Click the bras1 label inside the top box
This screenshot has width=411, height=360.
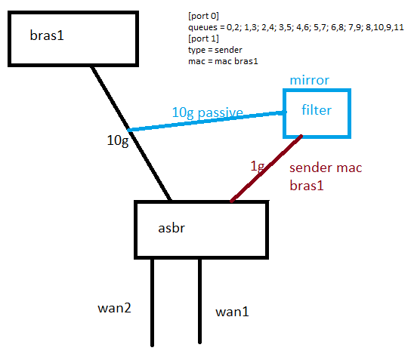click(47, 35)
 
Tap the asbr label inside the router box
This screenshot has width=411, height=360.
click(172, 228)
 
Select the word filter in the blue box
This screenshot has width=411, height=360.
click(317, 109)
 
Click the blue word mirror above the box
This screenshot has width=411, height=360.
click(309, 80)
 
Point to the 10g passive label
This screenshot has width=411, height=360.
click(207, 113)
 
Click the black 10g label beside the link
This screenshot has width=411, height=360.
click(118, 141)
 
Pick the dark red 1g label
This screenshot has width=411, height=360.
click(258, 167)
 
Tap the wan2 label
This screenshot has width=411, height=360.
click(114, 308)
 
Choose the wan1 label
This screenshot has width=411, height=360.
click(232, 312)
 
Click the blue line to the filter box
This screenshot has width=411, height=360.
click(207, 121)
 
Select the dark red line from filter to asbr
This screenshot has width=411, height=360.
click(266, 168)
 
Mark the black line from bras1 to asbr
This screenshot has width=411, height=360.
click(131, 134)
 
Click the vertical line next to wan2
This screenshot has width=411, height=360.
click(153, 303)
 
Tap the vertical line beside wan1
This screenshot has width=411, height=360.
click(199, 301)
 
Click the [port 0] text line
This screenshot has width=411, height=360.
click(203, 16)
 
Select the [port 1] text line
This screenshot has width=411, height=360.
click(203, 38)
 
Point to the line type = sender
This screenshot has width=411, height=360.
click(215, 50)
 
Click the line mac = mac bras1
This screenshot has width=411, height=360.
click(223, 61)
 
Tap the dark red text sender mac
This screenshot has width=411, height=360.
click(326, 168)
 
